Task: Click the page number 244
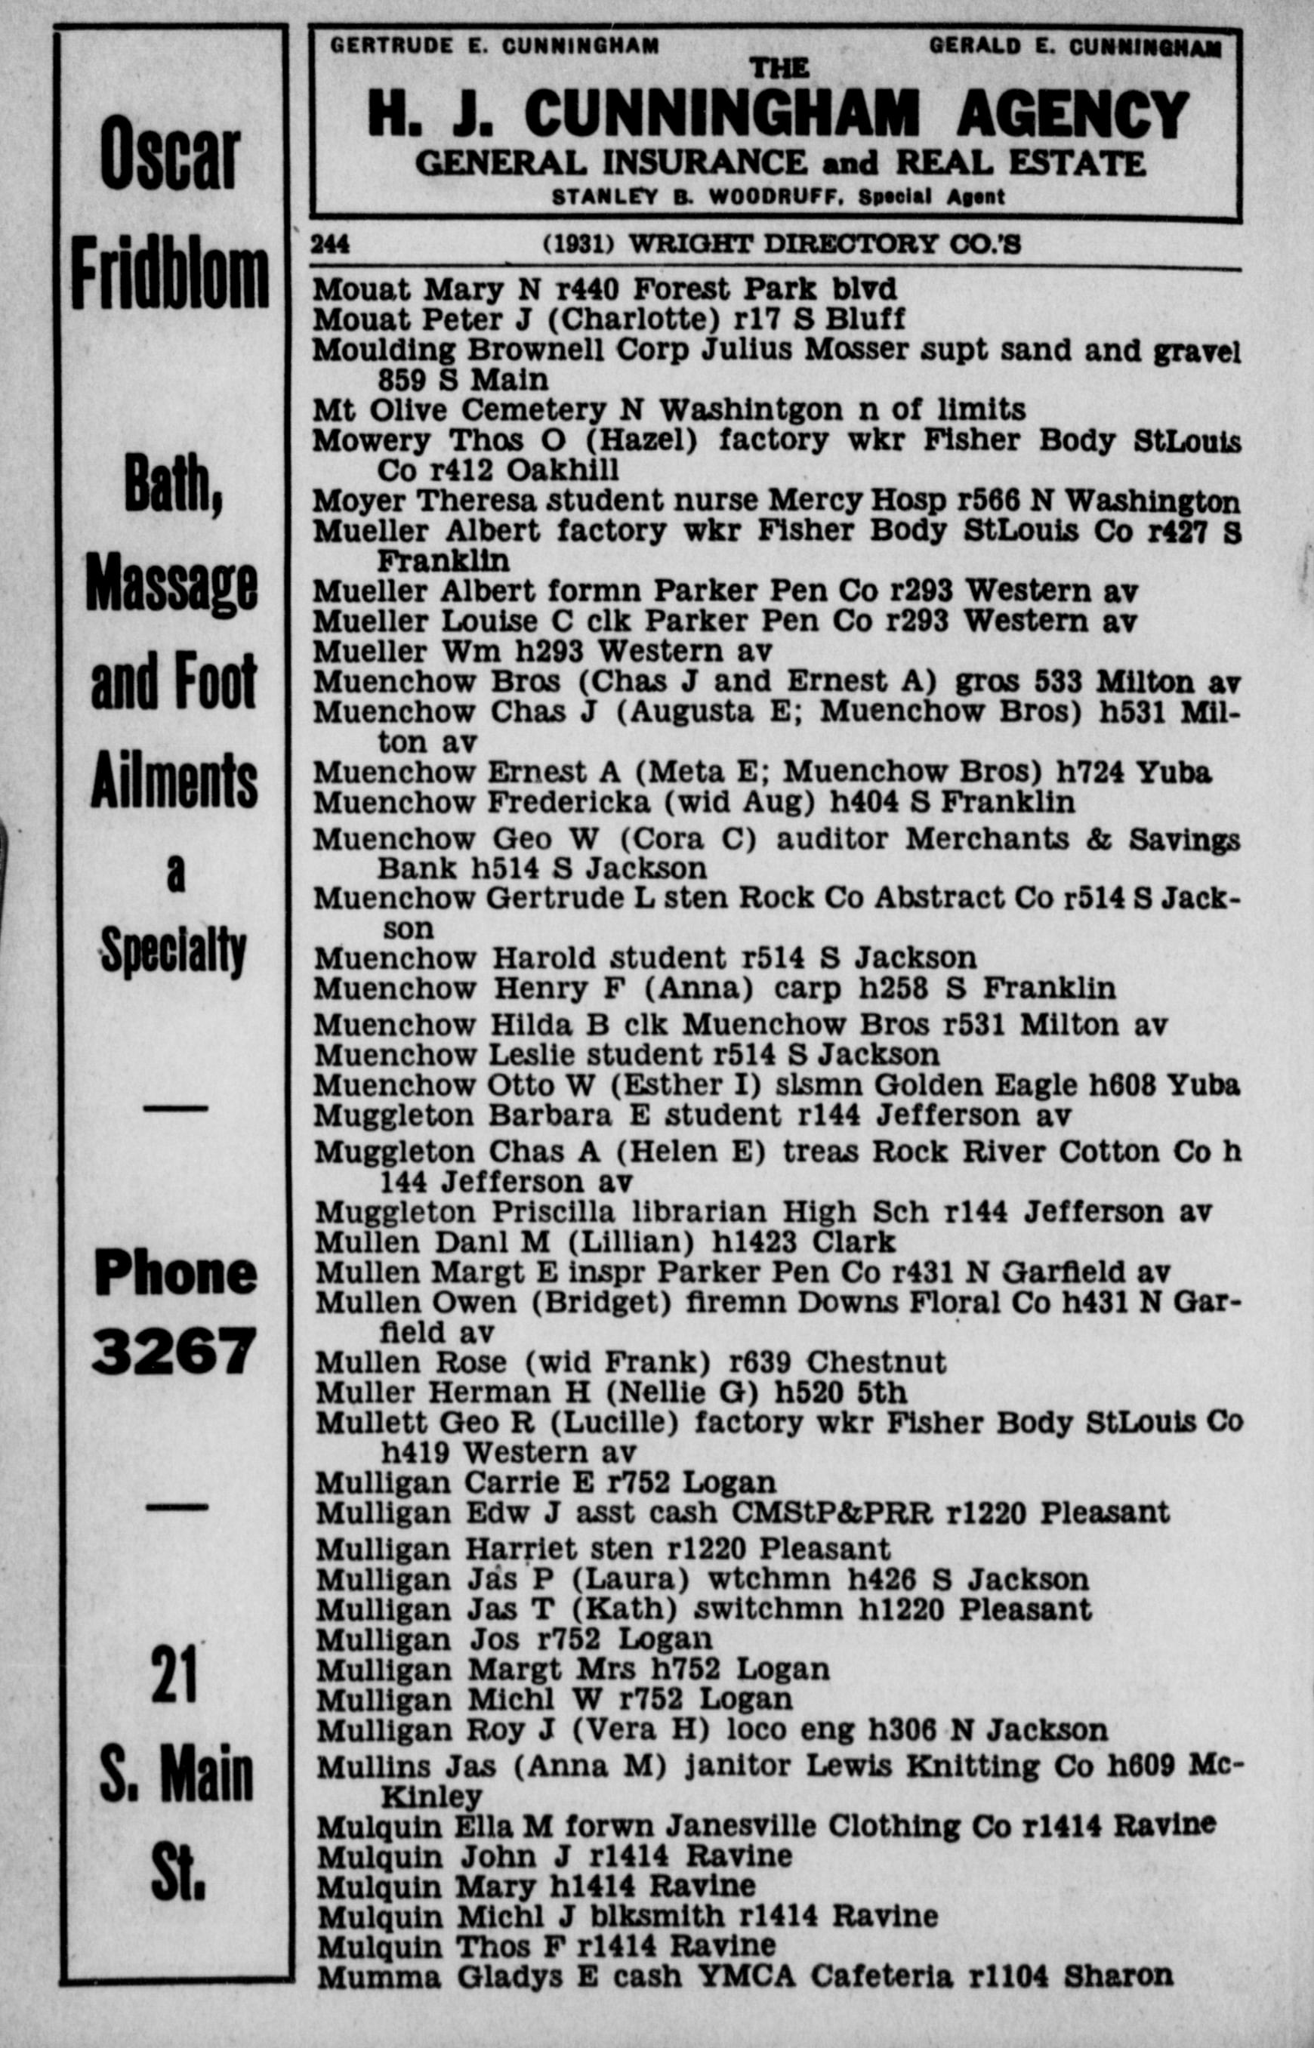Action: tap(330, 245)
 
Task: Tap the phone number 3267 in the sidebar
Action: tap(174, 1351)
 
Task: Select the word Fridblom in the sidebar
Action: tap(170, 276)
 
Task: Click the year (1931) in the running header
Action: tap(579, 245)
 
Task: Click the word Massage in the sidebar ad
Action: tap(171, 586)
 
